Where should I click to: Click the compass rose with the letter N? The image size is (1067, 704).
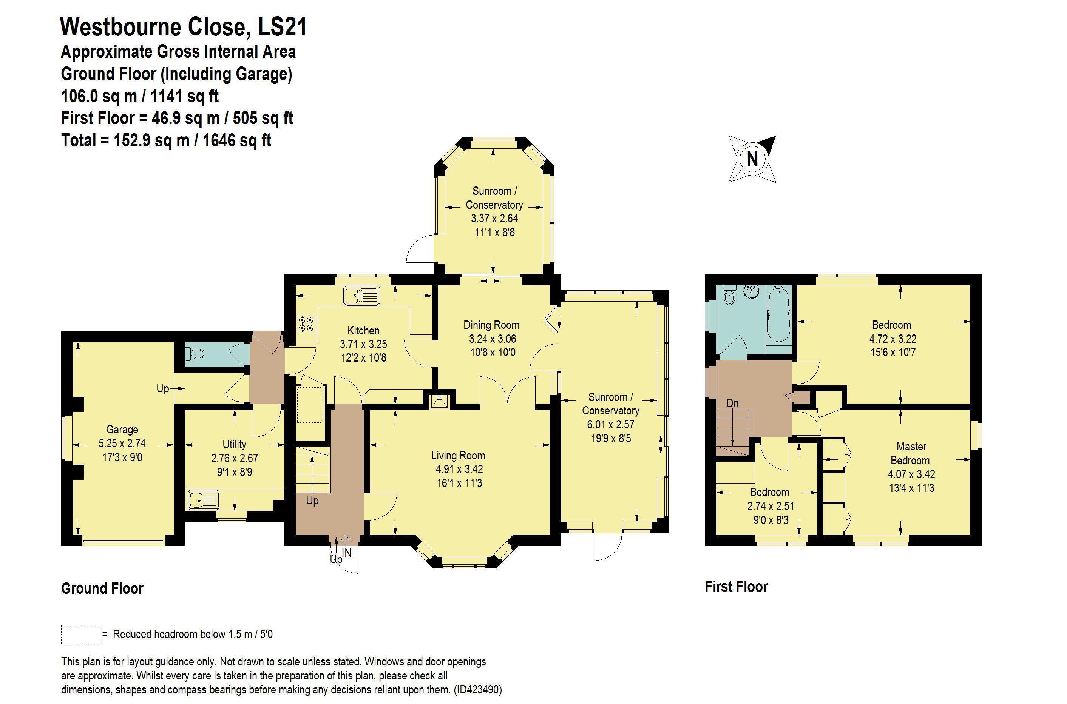click(752, 159)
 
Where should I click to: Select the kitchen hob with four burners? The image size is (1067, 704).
click(306, 323)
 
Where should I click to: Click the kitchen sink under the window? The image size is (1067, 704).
click(362, 296)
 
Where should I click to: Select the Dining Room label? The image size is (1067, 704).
click(491, 325)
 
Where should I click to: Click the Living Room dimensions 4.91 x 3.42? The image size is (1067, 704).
click(457, 470)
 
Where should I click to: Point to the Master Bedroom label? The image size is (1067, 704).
click(911, 453)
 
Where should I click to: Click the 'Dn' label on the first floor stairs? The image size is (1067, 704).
click(732, 403)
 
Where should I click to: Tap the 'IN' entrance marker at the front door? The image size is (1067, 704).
click(346, 553)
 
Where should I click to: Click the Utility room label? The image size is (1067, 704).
click(234, 444)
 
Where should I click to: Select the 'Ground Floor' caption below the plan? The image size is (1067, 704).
click(102, 588)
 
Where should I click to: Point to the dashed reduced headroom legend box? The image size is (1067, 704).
click(80, 635)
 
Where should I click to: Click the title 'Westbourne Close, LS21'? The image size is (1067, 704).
click(184, 26)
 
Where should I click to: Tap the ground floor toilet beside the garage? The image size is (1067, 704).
click(197, 354)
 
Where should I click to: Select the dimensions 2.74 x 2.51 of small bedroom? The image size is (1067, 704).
click(771, 506)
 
